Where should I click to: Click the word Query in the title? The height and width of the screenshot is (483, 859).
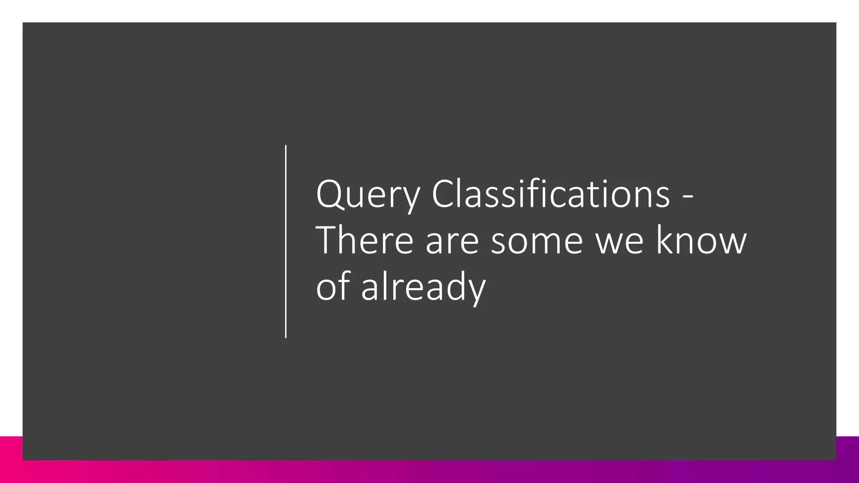368,194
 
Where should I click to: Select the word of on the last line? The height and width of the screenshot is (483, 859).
333,286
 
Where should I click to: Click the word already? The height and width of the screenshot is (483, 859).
423,287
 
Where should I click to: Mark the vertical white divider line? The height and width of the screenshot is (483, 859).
286,241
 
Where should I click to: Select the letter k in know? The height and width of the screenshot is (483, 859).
664,240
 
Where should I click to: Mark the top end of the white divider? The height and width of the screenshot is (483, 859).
286,146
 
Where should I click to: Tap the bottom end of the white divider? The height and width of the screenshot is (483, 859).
286,337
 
